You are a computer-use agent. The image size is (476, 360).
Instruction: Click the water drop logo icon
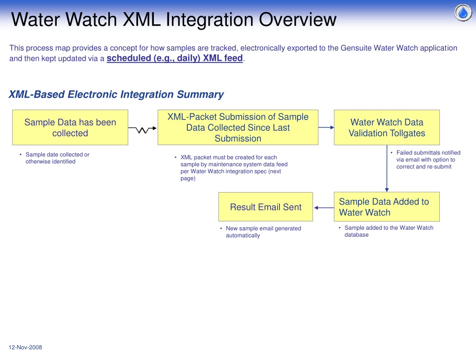(463, 13)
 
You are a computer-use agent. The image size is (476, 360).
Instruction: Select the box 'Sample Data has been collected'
(70, 127)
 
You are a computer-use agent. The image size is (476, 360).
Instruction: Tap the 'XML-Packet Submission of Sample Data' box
(238, 127)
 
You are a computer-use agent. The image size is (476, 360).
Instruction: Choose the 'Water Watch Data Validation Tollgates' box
(387, 127)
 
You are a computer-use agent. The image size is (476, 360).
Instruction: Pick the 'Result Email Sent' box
(265, 207)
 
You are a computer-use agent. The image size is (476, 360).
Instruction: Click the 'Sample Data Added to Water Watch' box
(387, 207)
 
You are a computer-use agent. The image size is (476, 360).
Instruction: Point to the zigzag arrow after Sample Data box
(142, 129)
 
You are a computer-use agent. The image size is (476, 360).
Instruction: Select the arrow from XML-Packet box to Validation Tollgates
(326, 127)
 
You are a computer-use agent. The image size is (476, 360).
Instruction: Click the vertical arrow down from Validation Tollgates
(387, 168)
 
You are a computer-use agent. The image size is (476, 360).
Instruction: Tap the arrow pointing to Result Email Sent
(324, 208)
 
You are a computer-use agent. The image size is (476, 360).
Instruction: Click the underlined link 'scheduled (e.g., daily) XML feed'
(175, 58)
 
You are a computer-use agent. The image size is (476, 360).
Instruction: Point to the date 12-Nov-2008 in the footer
(25, 347)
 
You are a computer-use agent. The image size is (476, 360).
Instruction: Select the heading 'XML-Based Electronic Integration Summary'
(116, 94)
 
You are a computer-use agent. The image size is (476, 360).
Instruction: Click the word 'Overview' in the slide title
(297, 20)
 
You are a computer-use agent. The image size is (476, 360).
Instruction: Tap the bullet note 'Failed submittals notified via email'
(426, 160)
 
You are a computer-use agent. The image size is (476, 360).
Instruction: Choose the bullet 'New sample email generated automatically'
(261, 232)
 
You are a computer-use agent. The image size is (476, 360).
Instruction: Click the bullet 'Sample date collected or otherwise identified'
(55, 158)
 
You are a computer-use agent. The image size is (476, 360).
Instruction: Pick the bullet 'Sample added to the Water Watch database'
(386, 231)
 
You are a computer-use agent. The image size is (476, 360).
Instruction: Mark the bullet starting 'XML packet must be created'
(231, 168)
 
